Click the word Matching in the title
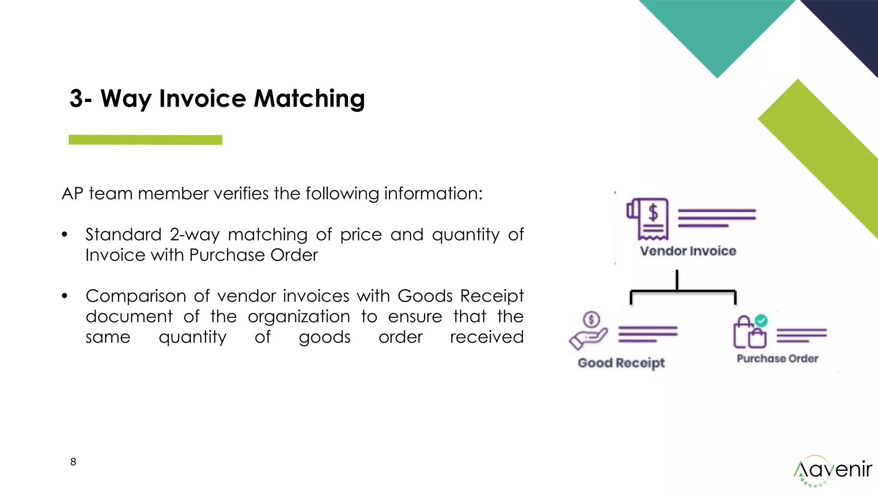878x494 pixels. (x=309, y=99)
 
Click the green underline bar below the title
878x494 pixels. (x=145, y=140)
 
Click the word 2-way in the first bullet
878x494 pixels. (x=195, y=235)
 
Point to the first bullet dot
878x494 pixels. (x=65, y=235)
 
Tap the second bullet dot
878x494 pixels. (x=65, y=296)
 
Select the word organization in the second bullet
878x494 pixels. (x=299, y=316)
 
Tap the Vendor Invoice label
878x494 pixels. (x=688, y=251)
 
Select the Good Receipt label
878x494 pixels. (x=621, y=363)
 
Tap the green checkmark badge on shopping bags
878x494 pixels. (x=761, y=320)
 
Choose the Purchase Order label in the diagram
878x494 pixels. (x=777, y=358)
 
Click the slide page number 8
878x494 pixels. (x=73, y=462)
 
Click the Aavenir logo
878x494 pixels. (x=832, y=471)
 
